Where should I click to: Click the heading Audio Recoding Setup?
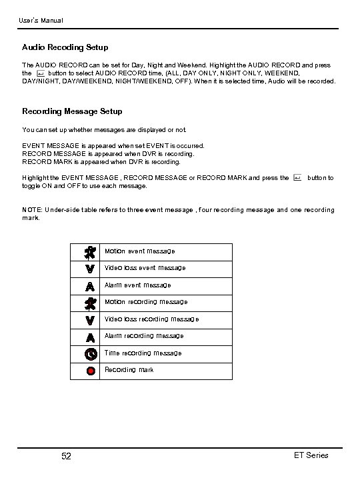tap(65, 47)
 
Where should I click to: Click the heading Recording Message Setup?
tap(72, 111)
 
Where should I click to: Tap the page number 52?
tap(66, 456)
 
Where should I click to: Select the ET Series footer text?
tap(311, 455)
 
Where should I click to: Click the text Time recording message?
tap(143, 353)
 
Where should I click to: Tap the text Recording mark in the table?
tap(129, 369)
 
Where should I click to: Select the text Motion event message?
tap(139, 251)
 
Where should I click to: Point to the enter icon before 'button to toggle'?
tap(297, 177)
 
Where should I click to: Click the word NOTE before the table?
tap(31, 210)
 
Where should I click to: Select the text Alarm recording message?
tap(143, 336)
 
